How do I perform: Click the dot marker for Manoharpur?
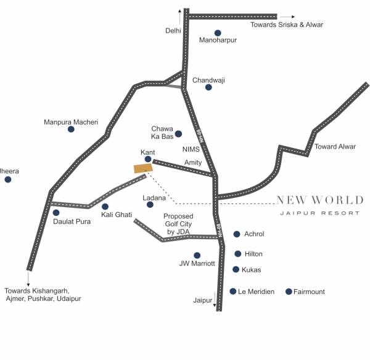218,33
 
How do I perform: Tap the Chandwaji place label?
210,80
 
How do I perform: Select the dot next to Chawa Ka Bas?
178,134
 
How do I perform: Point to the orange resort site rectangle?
143,168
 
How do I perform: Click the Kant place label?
147,151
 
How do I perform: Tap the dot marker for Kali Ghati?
105,207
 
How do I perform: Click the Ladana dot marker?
150,205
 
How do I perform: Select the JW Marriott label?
197,263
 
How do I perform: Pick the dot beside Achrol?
237,234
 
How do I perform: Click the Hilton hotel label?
253,254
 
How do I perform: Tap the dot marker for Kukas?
236,269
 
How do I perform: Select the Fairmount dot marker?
289,292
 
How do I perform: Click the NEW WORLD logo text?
319,200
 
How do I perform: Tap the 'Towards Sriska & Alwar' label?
287,25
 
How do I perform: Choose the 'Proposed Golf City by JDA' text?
178,224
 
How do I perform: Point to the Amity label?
193,162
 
